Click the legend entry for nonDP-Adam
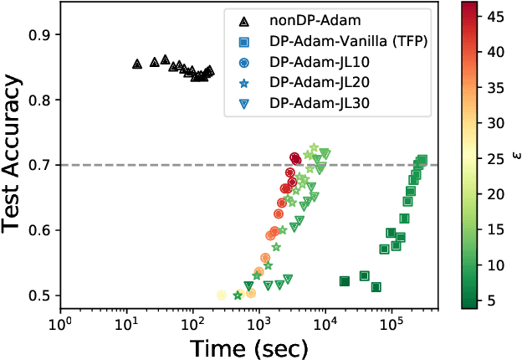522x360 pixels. point(304,19)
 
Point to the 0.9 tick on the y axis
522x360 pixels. point(40,34)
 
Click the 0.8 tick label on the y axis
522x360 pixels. point(40,100)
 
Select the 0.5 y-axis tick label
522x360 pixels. point(40,296)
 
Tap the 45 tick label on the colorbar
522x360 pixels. point(497,18)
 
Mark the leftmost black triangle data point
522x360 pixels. point(137,64)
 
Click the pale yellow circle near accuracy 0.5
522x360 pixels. point(222,295)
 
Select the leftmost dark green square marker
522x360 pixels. point(345,281)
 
